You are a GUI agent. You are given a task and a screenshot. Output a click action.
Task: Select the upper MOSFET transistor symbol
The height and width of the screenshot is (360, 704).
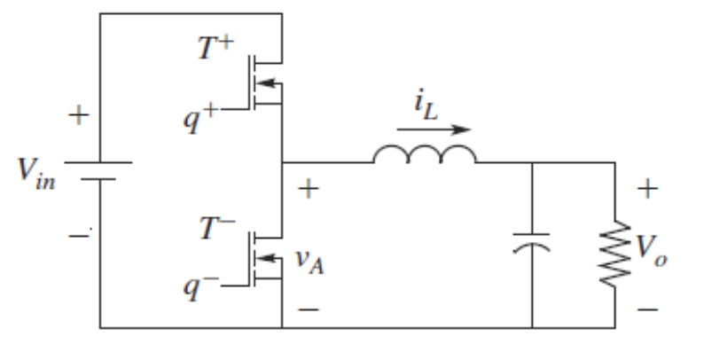pyautogui.click(x=266, y=86)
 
